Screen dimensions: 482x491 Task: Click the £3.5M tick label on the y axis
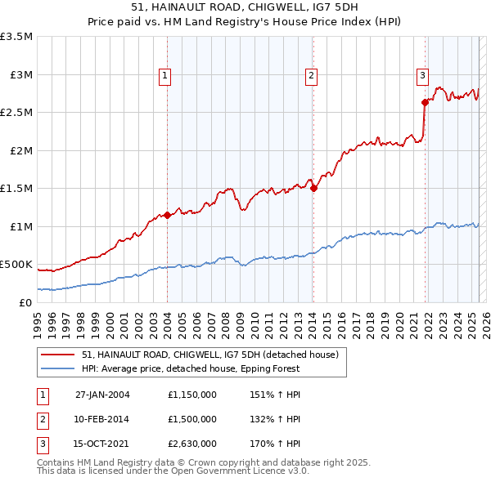[17, 37]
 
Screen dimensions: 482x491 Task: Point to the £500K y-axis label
[17, 265]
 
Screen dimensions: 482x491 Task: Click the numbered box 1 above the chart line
[165, 77]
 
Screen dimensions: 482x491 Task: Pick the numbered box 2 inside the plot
[312, 77]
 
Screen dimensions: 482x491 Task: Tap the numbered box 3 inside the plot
[423, 77]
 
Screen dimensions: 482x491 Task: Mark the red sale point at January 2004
[167, 215]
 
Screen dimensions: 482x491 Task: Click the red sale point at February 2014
[313, 189]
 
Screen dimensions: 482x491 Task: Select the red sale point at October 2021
[425, 102]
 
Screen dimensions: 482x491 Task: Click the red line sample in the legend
[59, 355]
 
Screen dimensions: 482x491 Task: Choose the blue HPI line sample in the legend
[59, 368]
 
